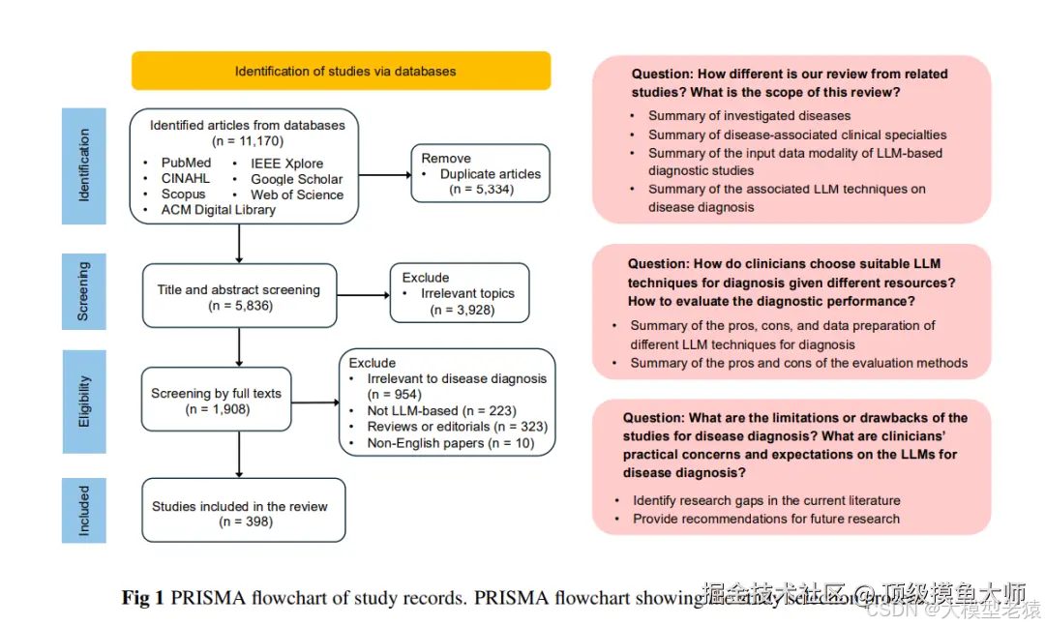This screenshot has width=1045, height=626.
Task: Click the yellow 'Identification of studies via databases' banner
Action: tap(341, 71)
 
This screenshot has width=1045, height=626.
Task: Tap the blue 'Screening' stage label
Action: tap(84, 291)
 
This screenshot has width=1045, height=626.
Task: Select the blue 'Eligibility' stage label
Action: tap(84, 401)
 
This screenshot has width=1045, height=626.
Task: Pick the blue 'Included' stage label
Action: tap(84, 510)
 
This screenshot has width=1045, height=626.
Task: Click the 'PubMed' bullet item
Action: tap(186, 163)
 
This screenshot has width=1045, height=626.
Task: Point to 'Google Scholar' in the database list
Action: tap(296, 179)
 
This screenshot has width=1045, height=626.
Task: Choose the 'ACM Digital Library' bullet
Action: tap(218, 210)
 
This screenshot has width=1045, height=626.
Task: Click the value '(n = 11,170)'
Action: tap(247, 141)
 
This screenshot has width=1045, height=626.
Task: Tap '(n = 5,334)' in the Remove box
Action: tap(481, 190)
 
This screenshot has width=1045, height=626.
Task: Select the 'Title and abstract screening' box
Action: tap(239, 295)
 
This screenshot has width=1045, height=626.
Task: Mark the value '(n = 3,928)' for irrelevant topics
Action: tap(460, 310)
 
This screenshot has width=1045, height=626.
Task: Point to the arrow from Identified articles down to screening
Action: tap(239, 244)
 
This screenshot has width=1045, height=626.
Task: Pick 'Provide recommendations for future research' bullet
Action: tap(765, 519)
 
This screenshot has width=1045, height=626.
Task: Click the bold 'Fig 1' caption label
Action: tap(142, 598)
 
